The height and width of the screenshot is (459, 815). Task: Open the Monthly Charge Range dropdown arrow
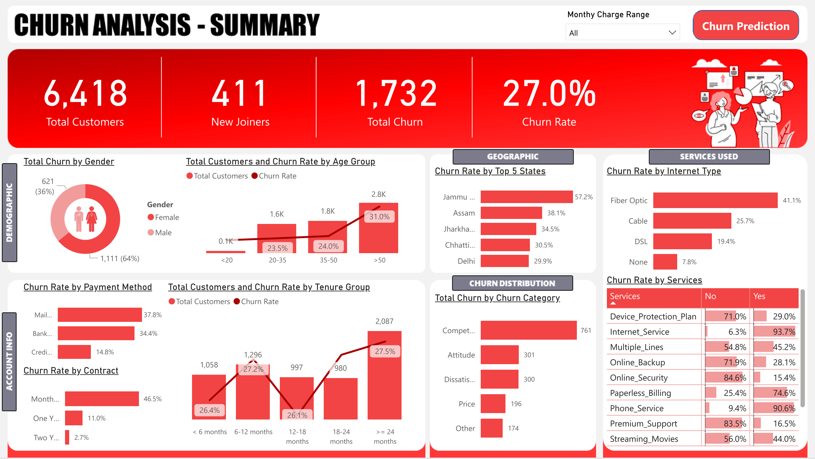click(672, 33)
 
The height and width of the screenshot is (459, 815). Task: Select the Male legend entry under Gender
click(163, 233)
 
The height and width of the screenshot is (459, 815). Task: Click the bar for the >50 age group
click(378, 235)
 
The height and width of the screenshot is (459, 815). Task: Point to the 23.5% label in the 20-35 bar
click(277, 248)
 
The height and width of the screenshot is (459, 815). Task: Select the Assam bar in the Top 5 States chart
click(511, 213)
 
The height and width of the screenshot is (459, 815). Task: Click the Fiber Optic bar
click(715, 200)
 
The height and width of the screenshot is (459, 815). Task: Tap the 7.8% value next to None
click(689, 262)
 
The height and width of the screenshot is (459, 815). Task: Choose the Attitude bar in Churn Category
click(499, 355)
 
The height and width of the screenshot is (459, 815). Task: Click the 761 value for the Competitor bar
click(586, 330)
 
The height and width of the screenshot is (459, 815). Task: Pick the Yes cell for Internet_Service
click(775, 332)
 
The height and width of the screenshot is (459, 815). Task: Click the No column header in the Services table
click(710, 296)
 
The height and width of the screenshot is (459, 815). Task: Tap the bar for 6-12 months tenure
click(253, 396)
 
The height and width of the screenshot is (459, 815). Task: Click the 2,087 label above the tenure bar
click(384, 321)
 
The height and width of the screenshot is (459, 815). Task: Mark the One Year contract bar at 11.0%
click(74, 418)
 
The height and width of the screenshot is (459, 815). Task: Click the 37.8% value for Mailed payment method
click(153, 315)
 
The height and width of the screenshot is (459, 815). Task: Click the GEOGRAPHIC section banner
click(513, 157)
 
